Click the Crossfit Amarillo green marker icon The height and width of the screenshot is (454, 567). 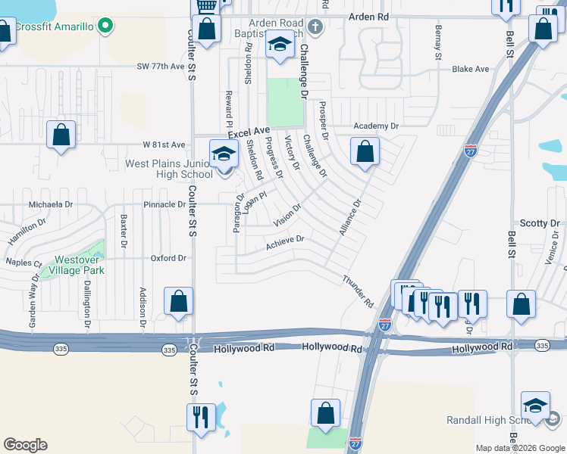(105, 27)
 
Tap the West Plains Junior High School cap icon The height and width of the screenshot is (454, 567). (224, 154)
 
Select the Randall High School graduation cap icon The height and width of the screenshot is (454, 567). (535, 406)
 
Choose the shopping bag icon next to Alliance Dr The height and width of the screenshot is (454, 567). (365, 151)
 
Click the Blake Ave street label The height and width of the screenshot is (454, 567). (470, 69)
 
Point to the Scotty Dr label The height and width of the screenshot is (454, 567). (539, 223)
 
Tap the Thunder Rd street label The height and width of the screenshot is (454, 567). (358, 291)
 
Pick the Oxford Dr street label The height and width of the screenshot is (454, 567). (168, 258)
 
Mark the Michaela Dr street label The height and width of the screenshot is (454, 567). (51, 204)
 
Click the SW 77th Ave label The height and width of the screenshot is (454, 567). (161, 67)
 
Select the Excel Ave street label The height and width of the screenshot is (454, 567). (249, 132)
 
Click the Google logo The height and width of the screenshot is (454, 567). (25, 445)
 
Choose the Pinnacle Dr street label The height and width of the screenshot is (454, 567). (164, 204)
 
